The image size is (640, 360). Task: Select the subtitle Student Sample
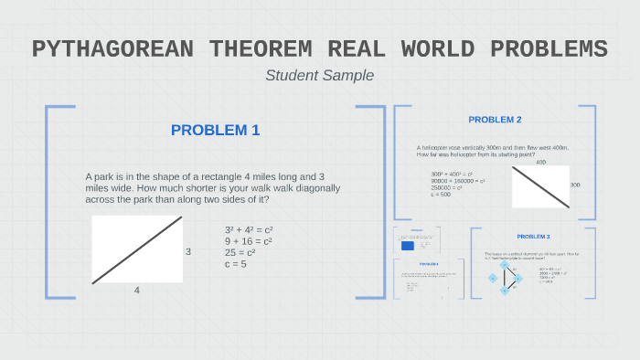point(319,75)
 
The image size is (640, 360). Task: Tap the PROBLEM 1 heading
point(215,131)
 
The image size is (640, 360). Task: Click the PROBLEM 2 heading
point(495,120)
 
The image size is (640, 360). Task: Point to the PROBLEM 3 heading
point(533,237)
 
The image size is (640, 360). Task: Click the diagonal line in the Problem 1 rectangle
point(137,249)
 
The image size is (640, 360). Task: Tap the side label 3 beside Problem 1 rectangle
point(188,250)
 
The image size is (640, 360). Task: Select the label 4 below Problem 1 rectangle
point(137,290)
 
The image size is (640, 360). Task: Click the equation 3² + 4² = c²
point(249,230)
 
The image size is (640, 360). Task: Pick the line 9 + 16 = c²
point(249,241)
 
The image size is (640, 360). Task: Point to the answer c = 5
point(236,264)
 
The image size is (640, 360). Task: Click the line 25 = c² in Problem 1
point(241,253)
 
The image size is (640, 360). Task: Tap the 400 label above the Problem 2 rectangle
point(541,162)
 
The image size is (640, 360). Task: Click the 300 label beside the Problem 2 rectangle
point(574,185)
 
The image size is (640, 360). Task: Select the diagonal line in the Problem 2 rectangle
point(540,186)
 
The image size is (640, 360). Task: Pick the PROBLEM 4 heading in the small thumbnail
point(429,265)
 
